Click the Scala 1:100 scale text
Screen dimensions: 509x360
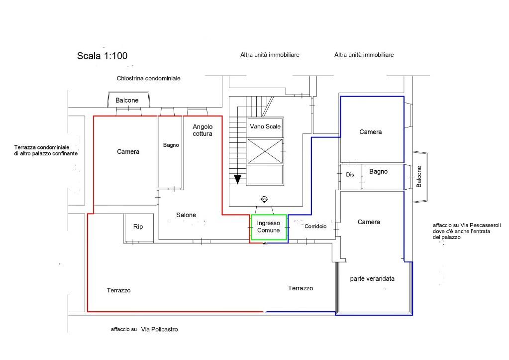pos(102,56)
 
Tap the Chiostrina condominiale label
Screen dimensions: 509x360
pos(148,78)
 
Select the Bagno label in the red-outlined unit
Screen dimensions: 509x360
pos(171,145)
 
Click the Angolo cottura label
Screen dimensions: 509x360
pos(203,130)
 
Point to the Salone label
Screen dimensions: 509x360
pos(186,215)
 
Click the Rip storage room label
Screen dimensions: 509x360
pos(138,227)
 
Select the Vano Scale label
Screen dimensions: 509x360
pos(265,126)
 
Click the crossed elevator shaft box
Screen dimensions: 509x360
pos(265,151)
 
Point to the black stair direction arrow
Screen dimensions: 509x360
pos(238,179)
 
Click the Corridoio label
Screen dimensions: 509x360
pos(315,226)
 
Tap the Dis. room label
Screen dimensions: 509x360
pos(351,174)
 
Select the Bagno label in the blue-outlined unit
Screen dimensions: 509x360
pos(378,171)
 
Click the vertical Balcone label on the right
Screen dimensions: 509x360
pos(419,177)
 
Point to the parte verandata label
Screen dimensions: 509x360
pos(372,278)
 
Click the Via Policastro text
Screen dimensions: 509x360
pos(159,329)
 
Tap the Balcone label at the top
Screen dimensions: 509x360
pos(127,100)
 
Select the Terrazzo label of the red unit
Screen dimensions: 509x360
pos(118,290)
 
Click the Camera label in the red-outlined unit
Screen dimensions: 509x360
pos(128,151)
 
